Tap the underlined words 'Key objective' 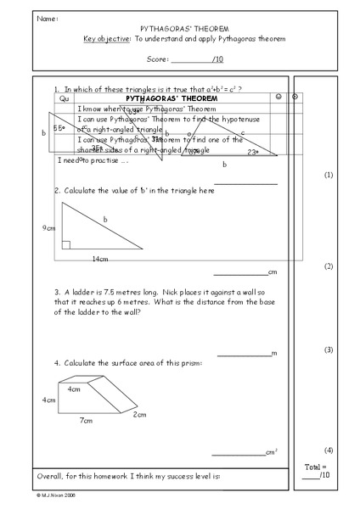pos(101,39)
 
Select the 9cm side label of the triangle pos(48,228)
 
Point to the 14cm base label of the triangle pos(100,258)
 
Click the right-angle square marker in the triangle pos(65,245)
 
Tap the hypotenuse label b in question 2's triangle pos(105,220)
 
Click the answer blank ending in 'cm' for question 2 pos(240,273)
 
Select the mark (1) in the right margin pos(329,175)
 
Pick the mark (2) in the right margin pos(329,266)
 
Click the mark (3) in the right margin pos(329,350)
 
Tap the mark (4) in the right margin pos(329,450)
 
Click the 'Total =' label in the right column pos(314,467)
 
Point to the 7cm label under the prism pos(86,420)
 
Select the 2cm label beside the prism pos(140,415)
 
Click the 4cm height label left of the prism pos(48,399)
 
